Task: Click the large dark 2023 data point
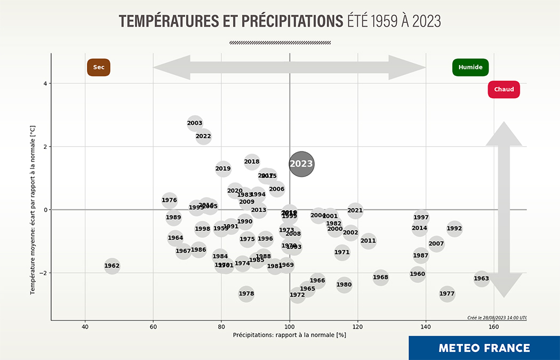301,164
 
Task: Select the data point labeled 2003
195,123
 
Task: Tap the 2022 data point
203,136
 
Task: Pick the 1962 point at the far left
112,266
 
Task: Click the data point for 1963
482,278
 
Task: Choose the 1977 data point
447,293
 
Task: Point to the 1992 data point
454,228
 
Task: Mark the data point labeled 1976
169,201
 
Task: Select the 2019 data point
223,169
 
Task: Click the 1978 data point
246,293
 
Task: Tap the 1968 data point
381,277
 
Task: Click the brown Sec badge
99,67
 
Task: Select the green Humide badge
470,67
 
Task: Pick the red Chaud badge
503,90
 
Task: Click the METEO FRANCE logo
484,348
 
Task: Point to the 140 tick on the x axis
426,326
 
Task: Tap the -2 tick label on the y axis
43,273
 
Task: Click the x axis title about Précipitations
290,335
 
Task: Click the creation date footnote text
497,317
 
